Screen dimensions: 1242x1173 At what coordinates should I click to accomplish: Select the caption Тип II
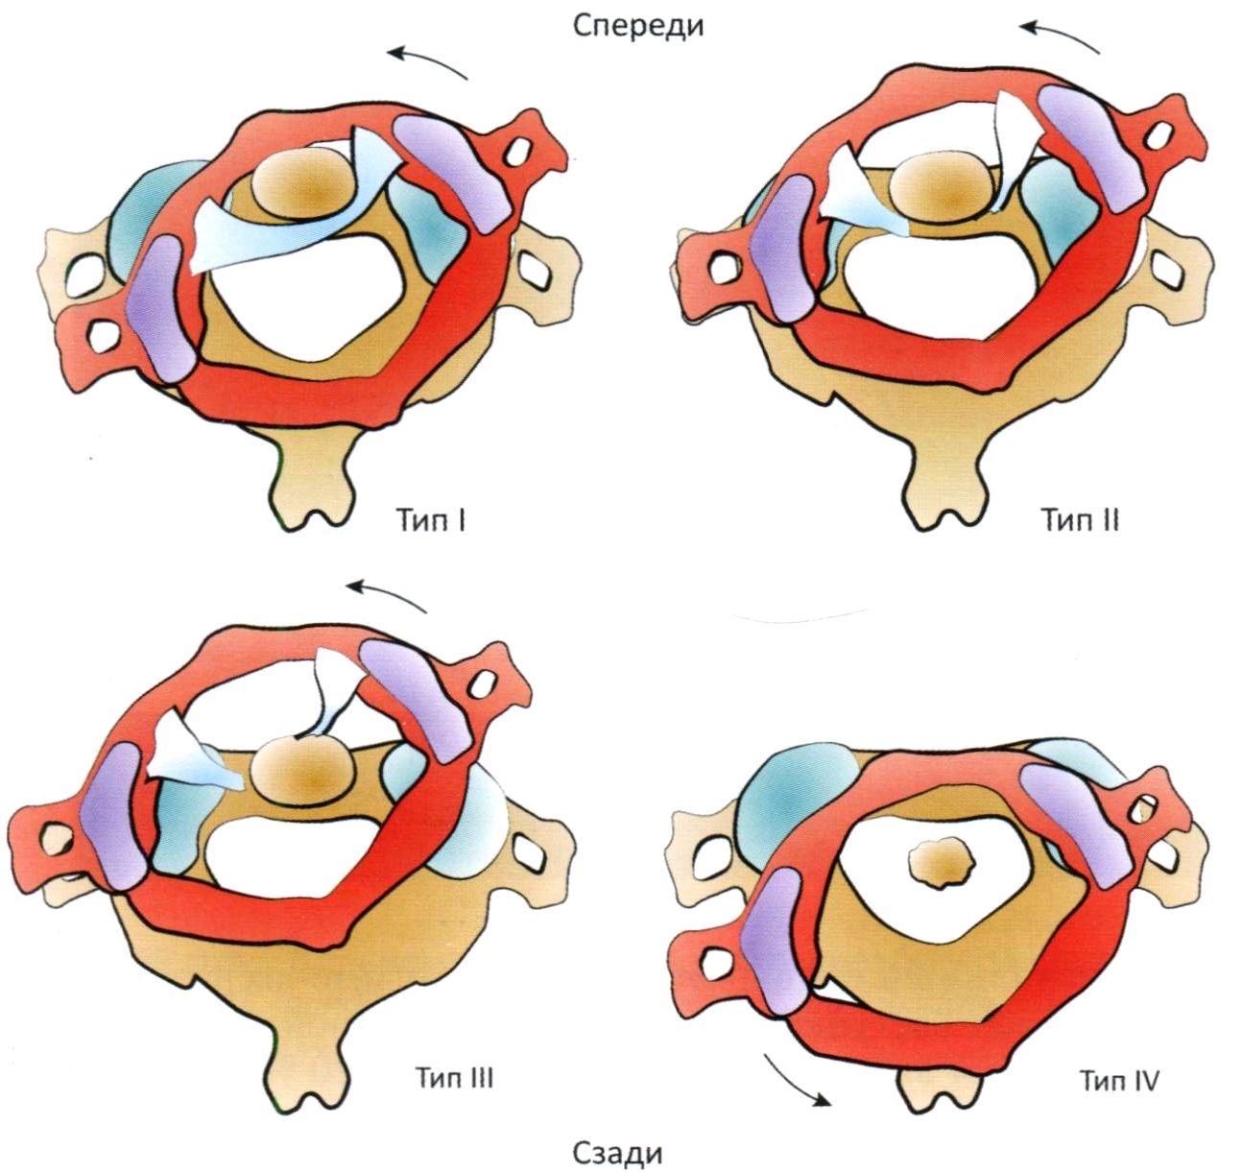(1080, 520)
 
